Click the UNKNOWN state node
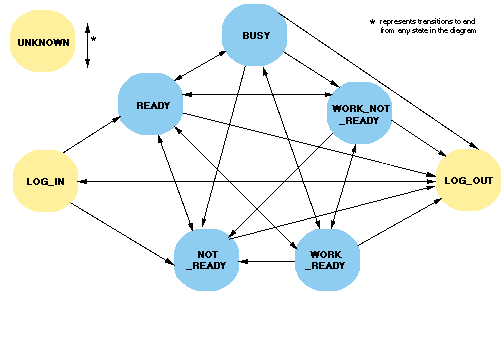[x=42, y=44]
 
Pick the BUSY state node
[x=255, y=36]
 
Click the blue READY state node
[x=152, y=104]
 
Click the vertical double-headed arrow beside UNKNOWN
[x=87, y=44]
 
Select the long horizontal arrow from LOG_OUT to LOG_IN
[x=250, y=181]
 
